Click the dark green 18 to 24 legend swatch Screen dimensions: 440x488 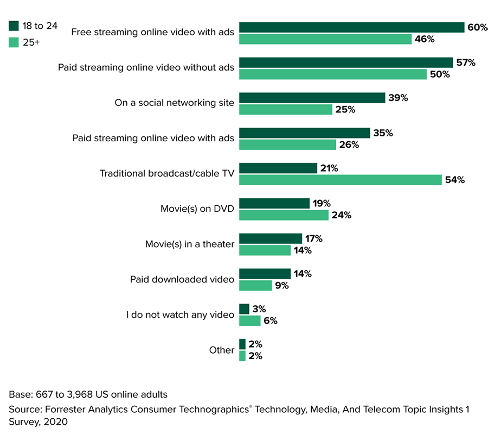point(14,26)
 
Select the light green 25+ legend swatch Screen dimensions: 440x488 point(14,41)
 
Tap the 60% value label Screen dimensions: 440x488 point(477,27)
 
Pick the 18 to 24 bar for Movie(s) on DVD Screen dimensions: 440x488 point(274,203)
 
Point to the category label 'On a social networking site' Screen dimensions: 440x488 point(174,103)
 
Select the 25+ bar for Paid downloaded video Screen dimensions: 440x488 point(255,285)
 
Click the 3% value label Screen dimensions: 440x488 point(259,309)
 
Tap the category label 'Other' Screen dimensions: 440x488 point(222,350)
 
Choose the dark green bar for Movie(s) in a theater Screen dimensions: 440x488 point(271,238)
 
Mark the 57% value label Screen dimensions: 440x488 point(465,62)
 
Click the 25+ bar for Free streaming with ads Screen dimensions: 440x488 point(325,39)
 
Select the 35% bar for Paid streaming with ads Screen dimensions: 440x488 point(304,133)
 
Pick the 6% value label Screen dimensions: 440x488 point(271,320)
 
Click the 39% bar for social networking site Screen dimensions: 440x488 point(312,98)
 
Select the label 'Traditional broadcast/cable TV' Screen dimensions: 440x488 point(166,173)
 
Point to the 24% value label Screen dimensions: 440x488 point(341,215)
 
